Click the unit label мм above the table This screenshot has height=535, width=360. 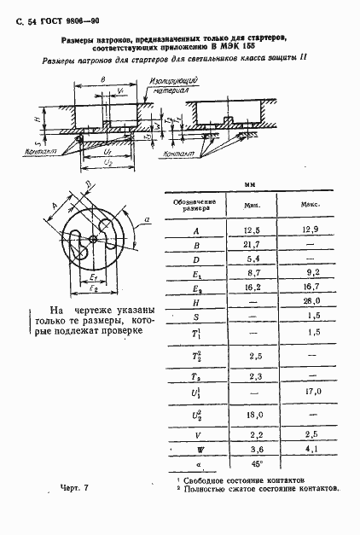(250, 185)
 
